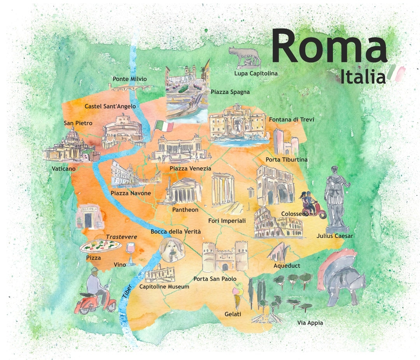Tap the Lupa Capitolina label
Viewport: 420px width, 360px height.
255,73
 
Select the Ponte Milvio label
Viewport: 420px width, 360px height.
129,79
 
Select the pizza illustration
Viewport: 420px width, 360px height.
101,246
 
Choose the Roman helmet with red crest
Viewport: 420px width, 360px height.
341,276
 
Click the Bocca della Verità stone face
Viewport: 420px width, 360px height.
170,249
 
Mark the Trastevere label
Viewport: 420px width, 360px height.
121,237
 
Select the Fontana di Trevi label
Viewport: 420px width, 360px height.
291,119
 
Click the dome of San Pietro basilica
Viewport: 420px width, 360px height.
72,134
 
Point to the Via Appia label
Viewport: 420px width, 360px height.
310,323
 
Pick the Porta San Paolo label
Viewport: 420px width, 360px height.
215,279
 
